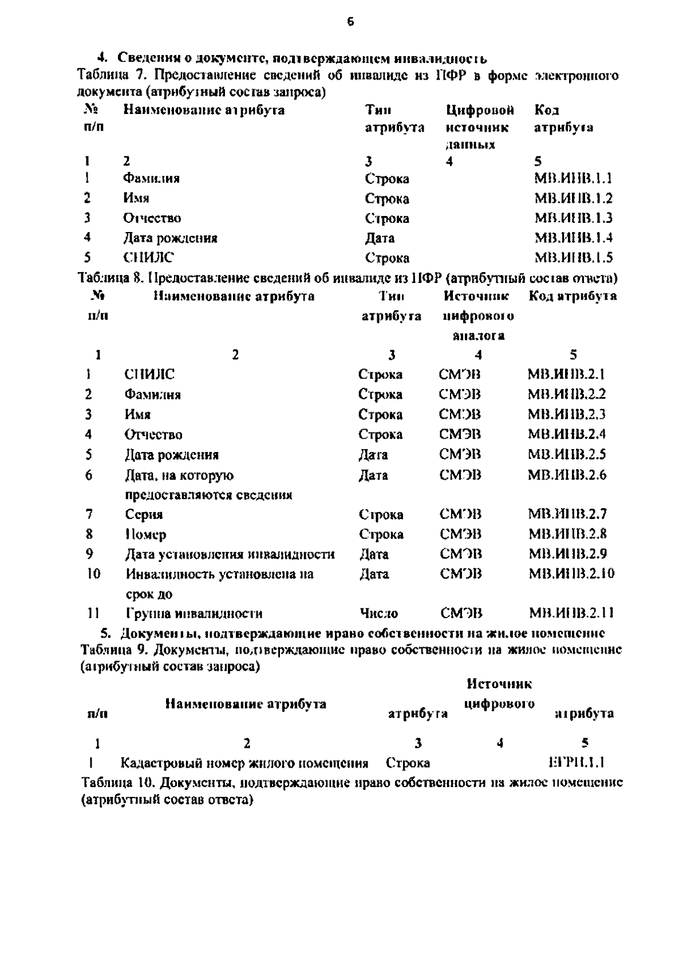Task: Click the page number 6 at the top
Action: [x=350, y=22]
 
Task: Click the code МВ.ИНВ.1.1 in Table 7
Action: [x=573, y=178]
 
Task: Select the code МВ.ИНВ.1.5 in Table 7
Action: [x=573, y=257]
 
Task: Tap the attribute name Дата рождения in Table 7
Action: [x=170, y=238]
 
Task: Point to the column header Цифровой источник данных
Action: [x=480, y=127]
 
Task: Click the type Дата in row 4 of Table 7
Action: [x=380, y=238]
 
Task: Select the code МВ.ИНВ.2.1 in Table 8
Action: [x=566, y=374]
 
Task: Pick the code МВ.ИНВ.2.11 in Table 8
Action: [x=571, y=614]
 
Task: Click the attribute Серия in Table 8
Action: [x=144, y=514]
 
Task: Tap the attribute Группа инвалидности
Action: [x=194, y=614]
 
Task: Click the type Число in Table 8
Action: [x=379, y=614]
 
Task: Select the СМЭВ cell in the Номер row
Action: [x=460, y=534]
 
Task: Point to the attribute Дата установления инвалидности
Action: [x=230, y=554]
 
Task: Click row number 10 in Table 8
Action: [x=93, y=573]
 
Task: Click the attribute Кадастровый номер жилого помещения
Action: [x=244, y=762]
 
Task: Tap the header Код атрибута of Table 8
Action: [x=572, y=296]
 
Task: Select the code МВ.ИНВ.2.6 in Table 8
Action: [x=567, y=475]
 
